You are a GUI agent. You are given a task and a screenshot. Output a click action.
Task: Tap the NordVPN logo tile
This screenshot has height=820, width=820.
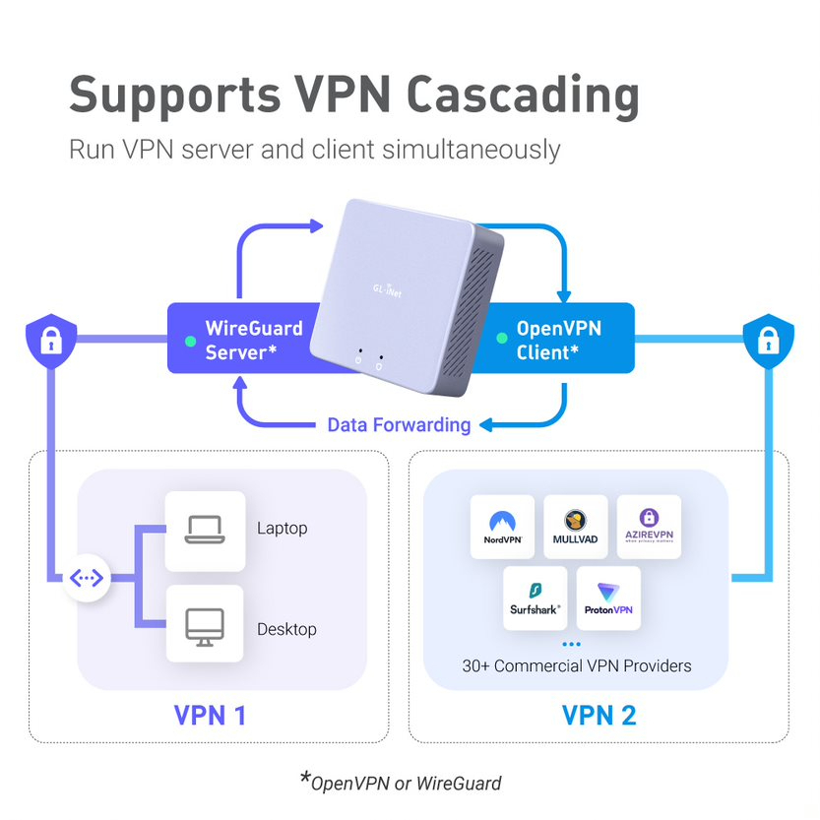click(x=502, y=527)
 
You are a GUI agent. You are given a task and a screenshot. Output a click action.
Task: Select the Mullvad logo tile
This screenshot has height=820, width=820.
click(x=576, y=527)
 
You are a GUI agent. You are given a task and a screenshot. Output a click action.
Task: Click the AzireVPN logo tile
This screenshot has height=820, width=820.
click(x=649, y=527)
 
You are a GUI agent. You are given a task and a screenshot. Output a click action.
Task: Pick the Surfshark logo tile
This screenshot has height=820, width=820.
click(x=536, y=599)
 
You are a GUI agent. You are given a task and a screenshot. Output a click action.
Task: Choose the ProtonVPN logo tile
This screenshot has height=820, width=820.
click(x=608, y=599)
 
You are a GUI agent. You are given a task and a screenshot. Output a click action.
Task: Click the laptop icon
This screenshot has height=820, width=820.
click(x=205, y=531)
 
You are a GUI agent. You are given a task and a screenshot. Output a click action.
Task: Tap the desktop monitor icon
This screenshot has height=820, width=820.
click(x=205, y=627)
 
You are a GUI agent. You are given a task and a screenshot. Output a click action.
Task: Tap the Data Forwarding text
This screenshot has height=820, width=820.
click(x=399, y=424)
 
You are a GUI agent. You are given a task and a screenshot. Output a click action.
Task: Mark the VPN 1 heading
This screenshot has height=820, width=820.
click(x=210, y=715)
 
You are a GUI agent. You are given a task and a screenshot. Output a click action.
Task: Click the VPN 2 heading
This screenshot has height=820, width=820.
click(x=599, y=715)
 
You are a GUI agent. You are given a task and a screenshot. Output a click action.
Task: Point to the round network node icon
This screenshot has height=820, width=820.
click(x=87, y=578)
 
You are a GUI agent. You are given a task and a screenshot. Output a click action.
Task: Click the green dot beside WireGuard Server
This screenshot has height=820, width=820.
click(x=190, y=341)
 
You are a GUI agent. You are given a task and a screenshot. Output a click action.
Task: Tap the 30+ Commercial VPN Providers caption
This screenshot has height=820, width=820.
click(x=577, y=665)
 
